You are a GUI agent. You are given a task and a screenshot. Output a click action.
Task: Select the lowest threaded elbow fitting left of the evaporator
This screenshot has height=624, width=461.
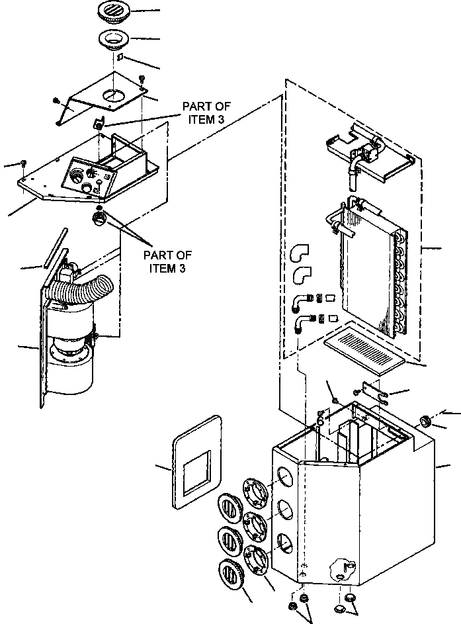(x=301, y=322)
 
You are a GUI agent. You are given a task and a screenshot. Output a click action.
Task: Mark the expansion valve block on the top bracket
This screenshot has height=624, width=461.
(x=371, y=148)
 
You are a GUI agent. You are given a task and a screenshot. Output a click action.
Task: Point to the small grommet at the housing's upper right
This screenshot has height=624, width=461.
(x=427, y=421)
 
